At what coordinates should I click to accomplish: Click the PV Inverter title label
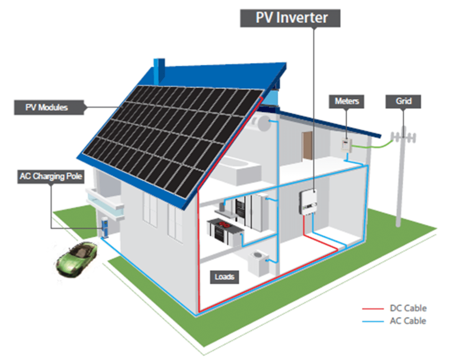click(x=290, y=18)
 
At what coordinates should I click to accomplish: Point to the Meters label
click(x=347, y=101)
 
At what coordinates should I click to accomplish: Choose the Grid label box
click(x=403, y=101)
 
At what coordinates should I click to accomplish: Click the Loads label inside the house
click(x=224, y=277)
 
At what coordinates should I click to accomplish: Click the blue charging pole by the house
click(x=104, y=227)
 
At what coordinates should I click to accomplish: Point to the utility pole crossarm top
click(x=403, y=136)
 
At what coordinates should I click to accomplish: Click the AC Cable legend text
click(x=408, y=321)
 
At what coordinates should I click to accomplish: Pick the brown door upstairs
click(x=307, y=146)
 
